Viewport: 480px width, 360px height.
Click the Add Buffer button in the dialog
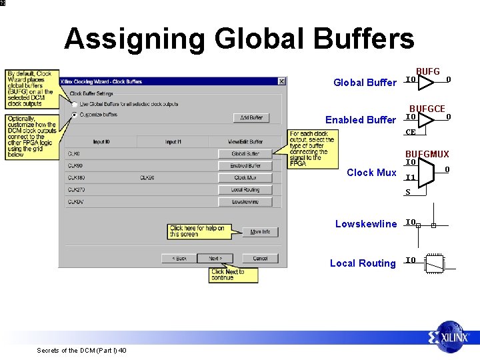click(x=251, y=118)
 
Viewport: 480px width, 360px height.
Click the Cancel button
click(x=260, y=258)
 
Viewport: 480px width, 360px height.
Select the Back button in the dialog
click(x=179, y=258)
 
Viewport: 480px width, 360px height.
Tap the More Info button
click(x=260, y=232)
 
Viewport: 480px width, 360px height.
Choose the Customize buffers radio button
click(x=74, y=115)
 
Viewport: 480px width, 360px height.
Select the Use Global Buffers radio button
click(x=74, y=104)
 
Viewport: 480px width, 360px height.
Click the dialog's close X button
click(x=281, y=81)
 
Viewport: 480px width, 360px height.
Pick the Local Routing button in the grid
click(x=245, y=190)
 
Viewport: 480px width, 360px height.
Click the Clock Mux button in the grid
click(x=245, y=178)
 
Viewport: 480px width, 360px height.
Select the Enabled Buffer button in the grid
click(x=245, y=166)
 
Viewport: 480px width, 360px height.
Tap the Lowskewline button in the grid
click(x=245, y=202)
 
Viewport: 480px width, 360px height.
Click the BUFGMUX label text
click(x=427, y=155)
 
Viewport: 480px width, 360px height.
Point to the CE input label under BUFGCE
click(x=411, y=132)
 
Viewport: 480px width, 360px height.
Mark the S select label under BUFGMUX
click(x=408, y=193)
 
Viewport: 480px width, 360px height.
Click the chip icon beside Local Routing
click(x=434, y=263)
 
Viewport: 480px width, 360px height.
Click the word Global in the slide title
click(x=249, y=39)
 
